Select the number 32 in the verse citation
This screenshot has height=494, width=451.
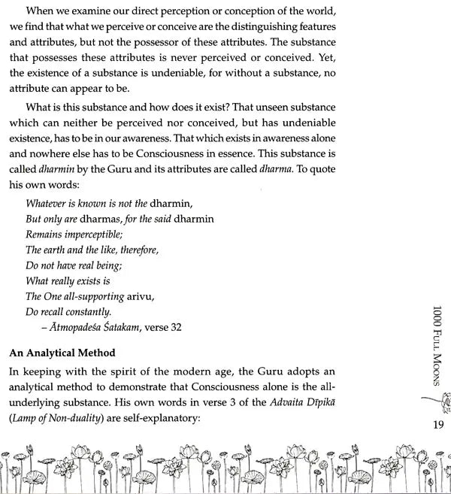[x=175, y=327]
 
